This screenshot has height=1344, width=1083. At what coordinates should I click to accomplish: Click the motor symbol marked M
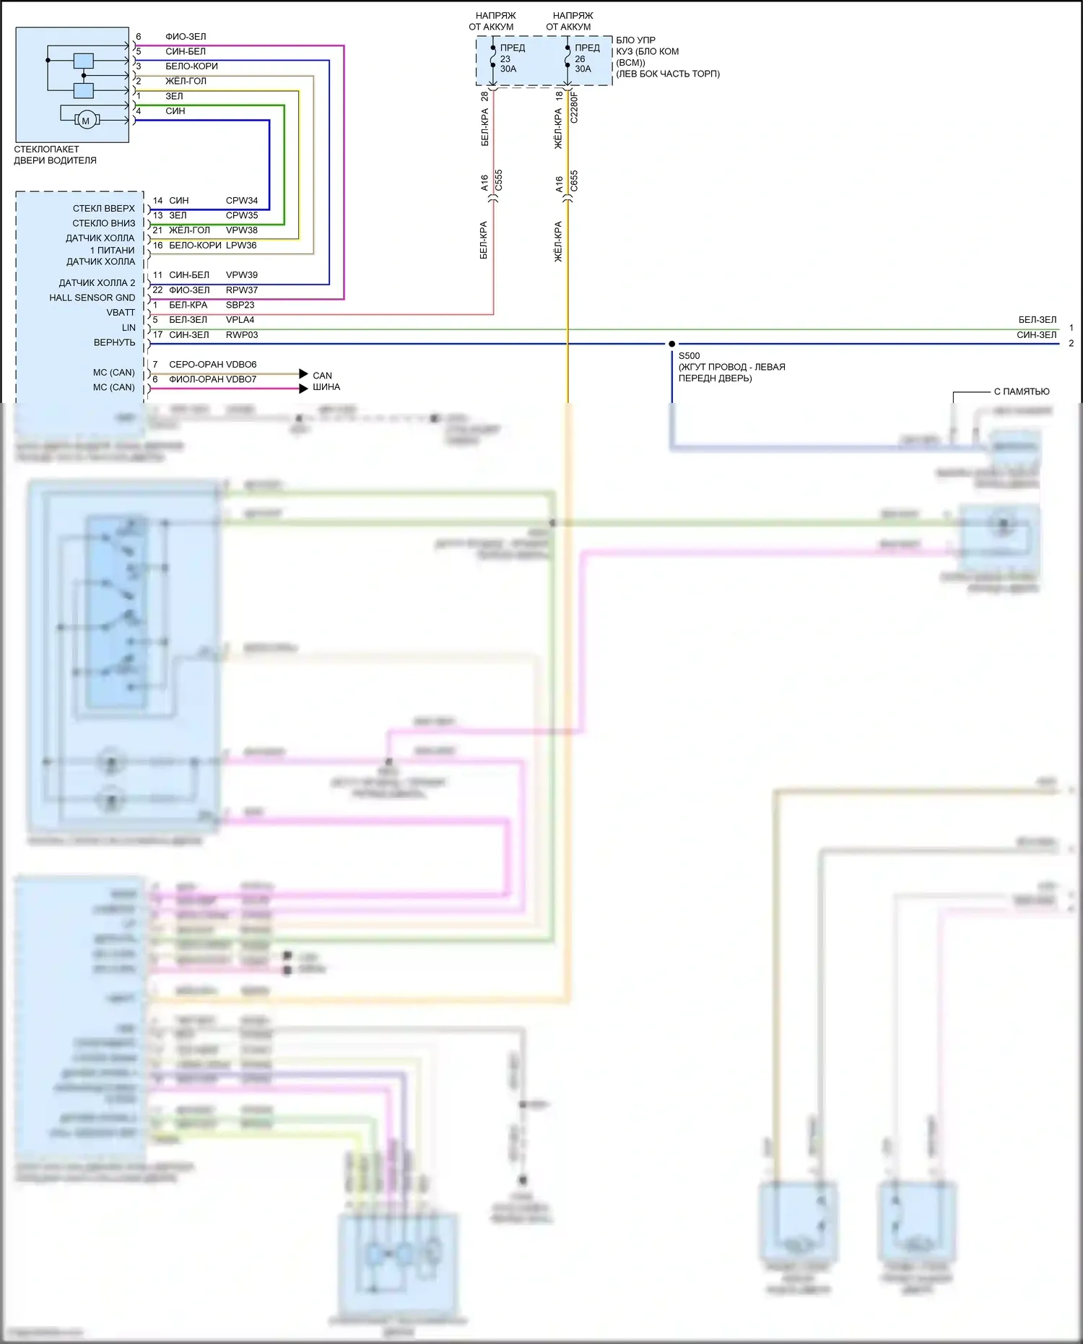(x=86, y=121)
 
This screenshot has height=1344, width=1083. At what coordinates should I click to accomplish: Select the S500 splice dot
(x=671, y=344)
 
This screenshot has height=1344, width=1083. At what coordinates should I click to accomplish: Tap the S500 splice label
(x=689, y=356)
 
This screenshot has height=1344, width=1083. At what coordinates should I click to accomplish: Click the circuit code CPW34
(x=242, y=201)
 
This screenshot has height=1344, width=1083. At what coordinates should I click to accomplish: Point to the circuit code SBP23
(x=240, y=305)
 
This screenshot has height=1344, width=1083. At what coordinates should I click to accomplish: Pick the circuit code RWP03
(x=242, y=335)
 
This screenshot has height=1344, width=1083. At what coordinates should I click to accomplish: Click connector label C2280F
(x=575, y=107)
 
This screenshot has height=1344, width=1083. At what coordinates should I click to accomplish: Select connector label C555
(x=499, y=181)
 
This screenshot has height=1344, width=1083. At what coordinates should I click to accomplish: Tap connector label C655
(x=575, y=181)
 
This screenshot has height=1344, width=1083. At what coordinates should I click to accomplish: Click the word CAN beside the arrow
(x=322, y=376)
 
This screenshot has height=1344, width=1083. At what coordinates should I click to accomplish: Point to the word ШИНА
(x=326, y=387)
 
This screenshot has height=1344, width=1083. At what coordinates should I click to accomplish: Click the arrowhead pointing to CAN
(x=304, y=374)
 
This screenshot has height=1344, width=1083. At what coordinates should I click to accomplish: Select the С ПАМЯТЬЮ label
(x=1022, y=391)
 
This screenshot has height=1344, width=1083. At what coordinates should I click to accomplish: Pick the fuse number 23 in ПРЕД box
(x=505, y=59)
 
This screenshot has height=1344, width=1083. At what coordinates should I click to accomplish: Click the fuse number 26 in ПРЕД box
(x=580, y=59)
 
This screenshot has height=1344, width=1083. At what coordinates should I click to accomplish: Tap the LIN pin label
(x=129, y=328)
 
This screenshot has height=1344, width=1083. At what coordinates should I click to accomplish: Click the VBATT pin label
(x=121, y=313)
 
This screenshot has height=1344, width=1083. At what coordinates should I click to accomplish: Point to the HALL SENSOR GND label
(x=92, y=298)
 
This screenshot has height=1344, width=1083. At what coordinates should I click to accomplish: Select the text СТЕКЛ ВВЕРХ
(x=104, y=209)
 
